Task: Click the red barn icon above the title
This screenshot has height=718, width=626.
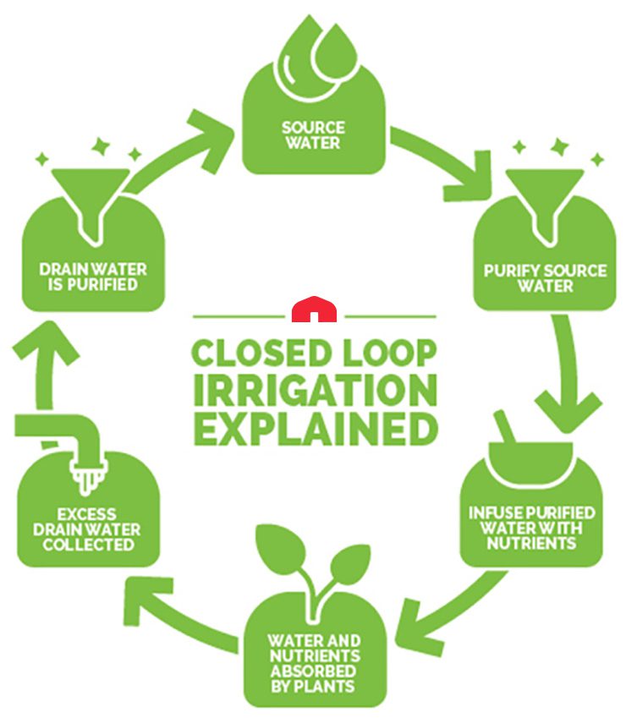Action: coord(314,310)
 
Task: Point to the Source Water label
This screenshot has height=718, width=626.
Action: coord(314,137)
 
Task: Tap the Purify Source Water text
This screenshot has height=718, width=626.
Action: coord(545,278)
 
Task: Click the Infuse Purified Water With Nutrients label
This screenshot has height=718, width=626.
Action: coord(532,527)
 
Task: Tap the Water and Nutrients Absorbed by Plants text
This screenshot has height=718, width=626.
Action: coord(314,660)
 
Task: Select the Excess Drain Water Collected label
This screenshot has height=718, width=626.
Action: coord(88,529)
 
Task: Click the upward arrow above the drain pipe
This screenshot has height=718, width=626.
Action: coord(37,364)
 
